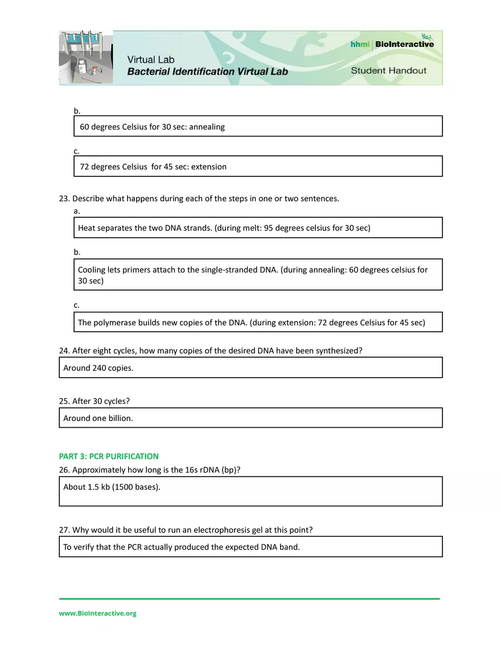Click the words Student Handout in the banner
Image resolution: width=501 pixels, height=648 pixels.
388,71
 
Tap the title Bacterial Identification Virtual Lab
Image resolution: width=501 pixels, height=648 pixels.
207,72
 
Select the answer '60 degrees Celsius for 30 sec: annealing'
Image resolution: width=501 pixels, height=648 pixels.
152,127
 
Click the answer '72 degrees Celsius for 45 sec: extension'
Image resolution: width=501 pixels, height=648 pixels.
153,167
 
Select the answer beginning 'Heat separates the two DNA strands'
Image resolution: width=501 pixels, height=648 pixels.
224,228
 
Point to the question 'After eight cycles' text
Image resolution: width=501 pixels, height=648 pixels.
211,351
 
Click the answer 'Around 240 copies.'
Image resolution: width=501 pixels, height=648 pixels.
98,368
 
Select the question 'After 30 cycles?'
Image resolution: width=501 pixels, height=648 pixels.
95,401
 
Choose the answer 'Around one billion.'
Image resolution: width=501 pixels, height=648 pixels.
98,418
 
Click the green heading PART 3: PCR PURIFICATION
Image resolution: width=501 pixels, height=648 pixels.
109,456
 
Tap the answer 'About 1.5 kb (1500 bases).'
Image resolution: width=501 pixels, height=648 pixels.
112,487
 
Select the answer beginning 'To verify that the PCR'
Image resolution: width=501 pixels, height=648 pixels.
181,547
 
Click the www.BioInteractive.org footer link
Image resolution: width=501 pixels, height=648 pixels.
97,613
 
